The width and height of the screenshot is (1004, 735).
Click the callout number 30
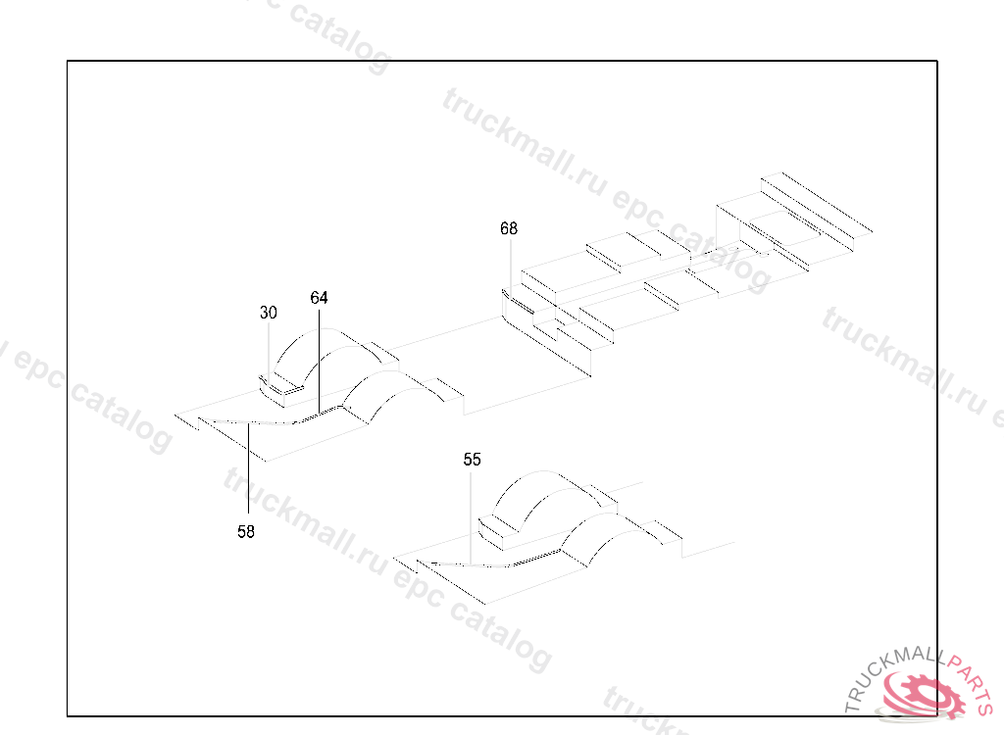268,314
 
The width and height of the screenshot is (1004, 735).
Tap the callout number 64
319,297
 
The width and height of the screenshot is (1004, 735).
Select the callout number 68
508,229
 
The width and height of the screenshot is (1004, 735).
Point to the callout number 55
473,459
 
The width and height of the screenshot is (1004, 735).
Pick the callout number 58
246,531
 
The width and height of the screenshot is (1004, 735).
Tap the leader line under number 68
509,265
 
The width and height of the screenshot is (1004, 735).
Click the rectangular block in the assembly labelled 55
499,529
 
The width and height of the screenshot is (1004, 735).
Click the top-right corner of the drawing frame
937,61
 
